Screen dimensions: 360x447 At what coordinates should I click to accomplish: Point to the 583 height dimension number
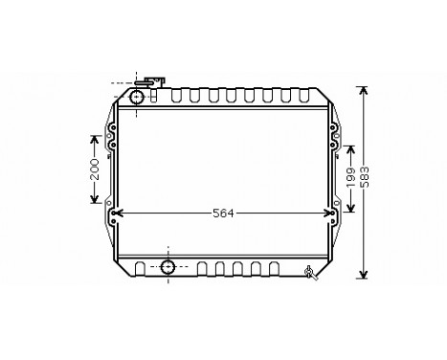coord(365,180)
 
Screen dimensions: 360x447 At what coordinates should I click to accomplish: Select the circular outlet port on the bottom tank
coord(168,266)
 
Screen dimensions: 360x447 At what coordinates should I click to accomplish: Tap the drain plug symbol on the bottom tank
coord(310,273)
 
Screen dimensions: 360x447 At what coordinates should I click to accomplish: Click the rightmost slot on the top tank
coord(309,97)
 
